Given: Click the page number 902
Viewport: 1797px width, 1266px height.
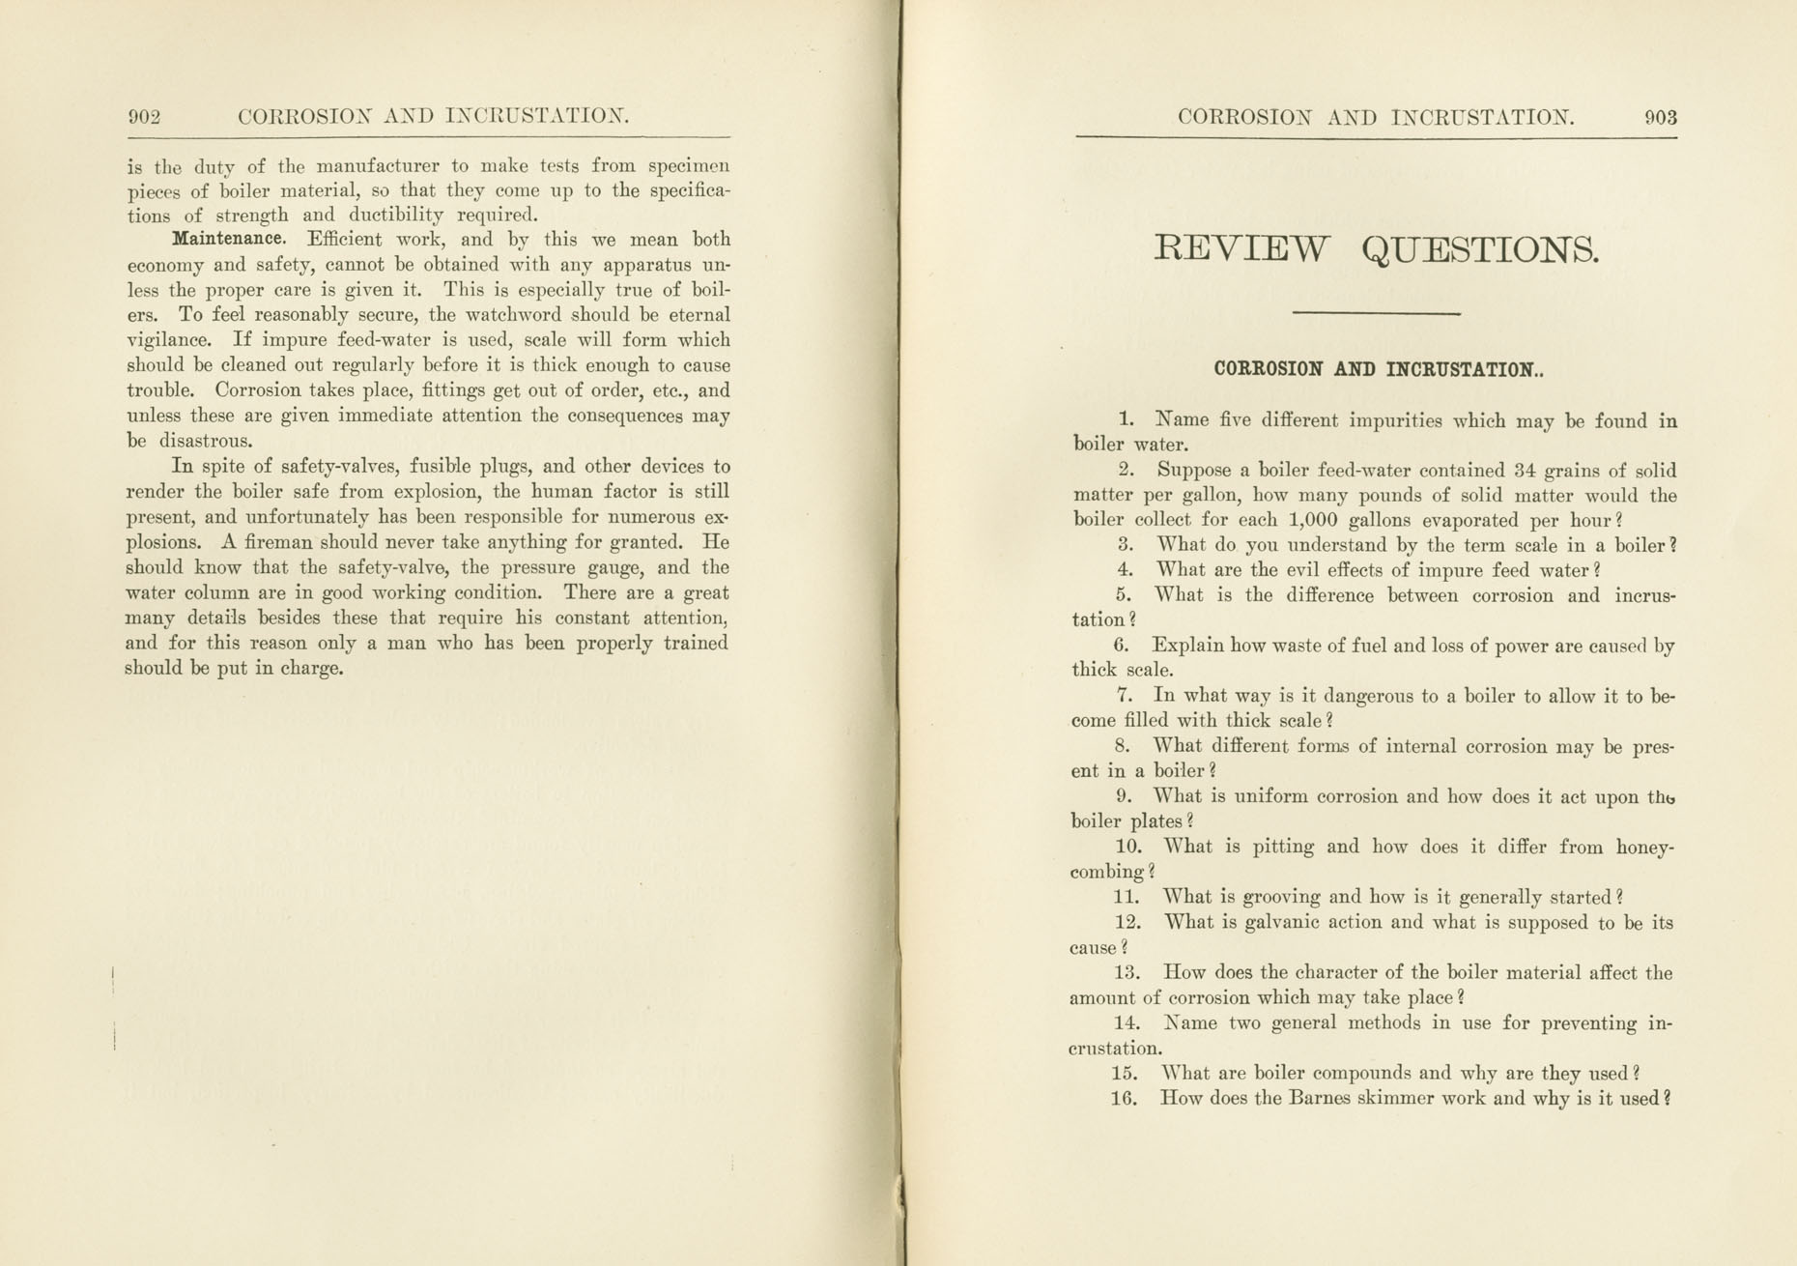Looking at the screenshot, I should tap(144, 117).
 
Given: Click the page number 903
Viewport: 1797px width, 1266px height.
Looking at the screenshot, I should tap(1660, 118).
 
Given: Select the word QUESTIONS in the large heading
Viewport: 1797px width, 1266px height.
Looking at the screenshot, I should tap(1480, 251).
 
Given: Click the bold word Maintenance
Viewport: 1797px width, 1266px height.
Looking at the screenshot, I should tap(229, 239).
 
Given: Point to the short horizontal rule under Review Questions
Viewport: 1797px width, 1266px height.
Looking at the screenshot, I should tap(1376, 313).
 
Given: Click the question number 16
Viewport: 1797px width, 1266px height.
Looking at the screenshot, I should tap(1125, 1099).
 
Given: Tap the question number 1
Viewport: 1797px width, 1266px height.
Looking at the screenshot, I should tap(1127, 419).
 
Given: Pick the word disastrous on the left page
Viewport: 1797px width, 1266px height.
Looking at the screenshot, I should tap(205, 442).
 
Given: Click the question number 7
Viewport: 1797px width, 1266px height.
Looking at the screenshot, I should tap(1124, 695).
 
